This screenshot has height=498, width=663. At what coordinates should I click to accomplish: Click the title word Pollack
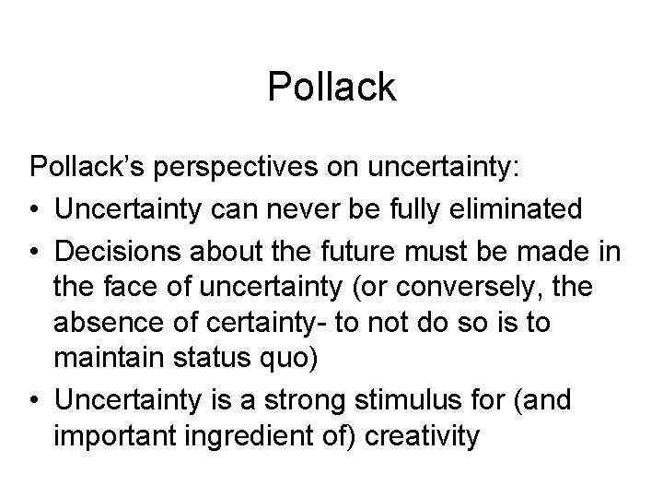coord(331,88)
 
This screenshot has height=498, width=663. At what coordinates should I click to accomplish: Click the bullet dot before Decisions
coord(35,252)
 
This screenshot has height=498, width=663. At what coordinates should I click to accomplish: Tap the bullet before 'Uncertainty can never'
coord(35,209)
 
